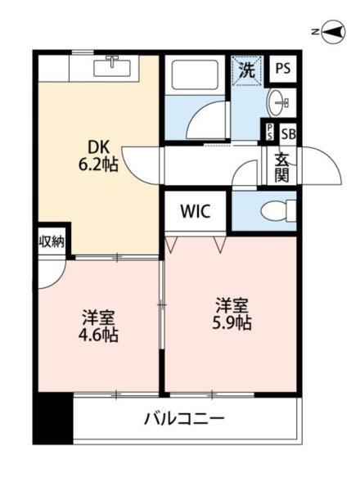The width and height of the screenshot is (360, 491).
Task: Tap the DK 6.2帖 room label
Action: point(98,155)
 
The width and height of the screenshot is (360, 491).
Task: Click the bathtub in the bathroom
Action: point(195,74)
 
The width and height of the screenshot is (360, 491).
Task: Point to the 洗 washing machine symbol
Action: point(247,70)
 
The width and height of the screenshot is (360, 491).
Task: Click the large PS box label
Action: point(282,68)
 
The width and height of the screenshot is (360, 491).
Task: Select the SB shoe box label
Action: point(288,134)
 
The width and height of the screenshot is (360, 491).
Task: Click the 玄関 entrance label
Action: point(281,168)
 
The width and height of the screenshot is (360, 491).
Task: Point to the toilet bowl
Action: point(274,212)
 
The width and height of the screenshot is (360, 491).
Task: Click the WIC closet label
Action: point(195,211)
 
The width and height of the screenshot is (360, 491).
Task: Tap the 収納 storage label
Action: point(52,241)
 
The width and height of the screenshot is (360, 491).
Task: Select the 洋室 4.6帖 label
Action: point(98,326)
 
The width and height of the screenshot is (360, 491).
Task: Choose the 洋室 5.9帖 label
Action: point(232,313)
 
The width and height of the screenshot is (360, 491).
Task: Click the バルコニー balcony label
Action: point(184,418)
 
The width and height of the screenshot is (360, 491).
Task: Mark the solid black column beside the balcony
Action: point(53,417)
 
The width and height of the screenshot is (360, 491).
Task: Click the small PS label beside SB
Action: point(270,132)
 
